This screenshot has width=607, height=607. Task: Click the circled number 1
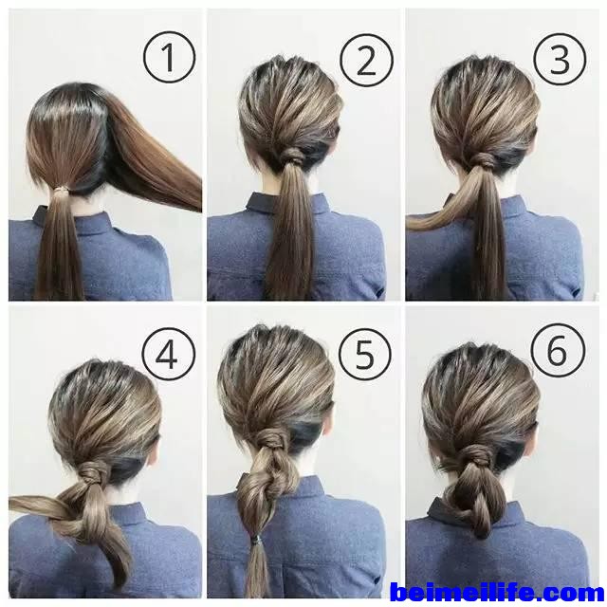(169, 57)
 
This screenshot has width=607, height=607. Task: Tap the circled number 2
(366, 60)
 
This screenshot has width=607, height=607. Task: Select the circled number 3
(560, 59)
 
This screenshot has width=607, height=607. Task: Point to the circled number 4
(169, 354)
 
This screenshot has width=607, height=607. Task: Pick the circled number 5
(365, 355)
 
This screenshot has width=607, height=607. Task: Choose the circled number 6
(558, 350)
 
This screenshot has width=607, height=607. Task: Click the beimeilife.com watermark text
(497, 593)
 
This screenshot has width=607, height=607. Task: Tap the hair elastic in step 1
(60, 189)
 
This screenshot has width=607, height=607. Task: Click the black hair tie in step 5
(255, 538)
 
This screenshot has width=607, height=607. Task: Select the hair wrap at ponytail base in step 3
(483, 159)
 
